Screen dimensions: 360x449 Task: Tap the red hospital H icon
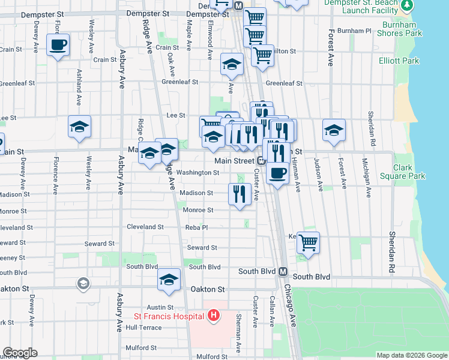pyautogui.click(x=214, y=315)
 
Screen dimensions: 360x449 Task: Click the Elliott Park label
pyautogui.click(x=399, y=61)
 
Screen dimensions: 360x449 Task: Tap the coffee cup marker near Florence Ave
pyautogui.click(x=58, y=45)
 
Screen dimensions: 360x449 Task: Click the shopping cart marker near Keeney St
pyautogui.click(x=308, y=243)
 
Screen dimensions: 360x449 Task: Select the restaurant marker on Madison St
pyautogui.click(x=240, y=194)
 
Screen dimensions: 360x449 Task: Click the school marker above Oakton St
pyautogui.click(x=169, y=280)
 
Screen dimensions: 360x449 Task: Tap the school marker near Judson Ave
pyautogui.click(x=334, y=130)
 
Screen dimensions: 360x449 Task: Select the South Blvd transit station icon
pyautogui.click(x=282, y=271)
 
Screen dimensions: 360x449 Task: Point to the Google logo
pyautogui.click(x=20, y=353)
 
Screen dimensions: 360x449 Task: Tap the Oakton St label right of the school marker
pyautogui.click(x=207, y=289)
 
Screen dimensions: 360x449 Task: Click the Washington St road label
pyautogui.click(x=198, y=173)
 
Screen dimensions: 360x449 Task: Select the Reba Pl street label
pyautogui.click(x=196, y=228)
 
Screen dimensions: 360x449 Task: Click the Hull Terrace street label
pyautogui.click(x=143, y=328)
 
